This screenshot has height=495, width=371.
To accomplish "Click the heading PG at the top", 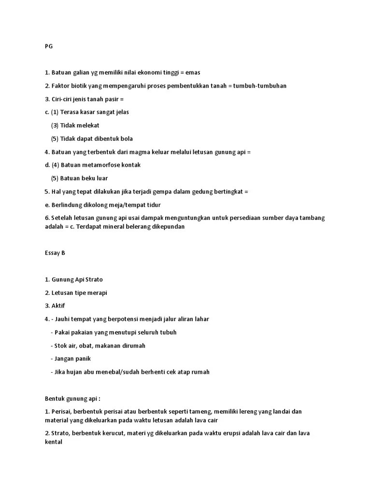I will click(x=48, y=46).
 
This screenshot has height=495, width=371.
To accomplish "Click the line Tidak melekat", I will click(x=75, y=125).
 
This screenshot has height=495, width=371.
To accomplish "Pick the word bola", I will click(x=127, y=139).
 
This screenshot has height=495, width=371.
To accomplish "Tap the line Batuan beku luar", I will click(x=79, y=178).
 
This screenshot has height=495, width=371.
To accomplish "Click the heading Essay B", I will click(x=55, y=253).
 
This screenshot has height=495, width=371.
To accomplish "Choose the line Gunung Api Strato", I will click(x=73, y=279).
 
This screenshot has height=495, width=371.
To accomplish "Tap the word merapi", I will click(x=97, y=292).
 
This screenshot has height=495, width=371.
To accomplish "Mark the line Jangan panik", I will click(x=71, y=359).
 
